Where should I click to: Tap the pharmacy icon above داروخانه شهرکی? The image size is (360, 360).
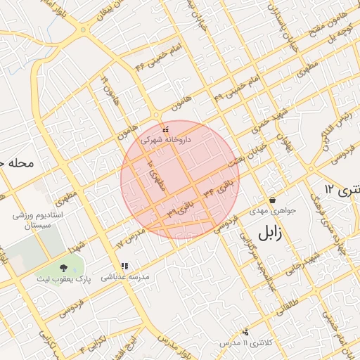(166, 130)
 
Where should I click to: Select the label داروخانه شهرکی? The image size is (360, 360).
(166, 141)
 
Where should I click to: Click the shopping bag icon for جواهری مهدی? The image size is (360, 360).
(272, 200)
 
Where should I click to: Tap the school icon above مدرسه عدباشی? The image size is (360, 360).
(124, 266)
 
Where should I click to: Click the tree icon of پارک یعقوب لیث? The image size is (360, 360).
(64, 267)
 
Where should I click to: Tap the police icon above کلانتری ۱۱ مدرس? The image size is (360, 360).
(245, 332)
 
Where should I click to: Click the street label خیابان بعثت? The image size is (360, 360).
(246, 156)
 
